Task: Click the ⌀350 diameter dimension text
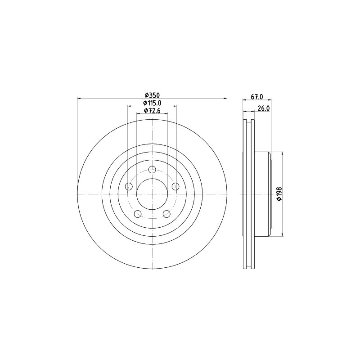point(152,95)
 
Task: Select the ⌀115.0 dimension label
point(152,103)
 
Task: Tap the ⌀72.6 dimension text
point(152,111)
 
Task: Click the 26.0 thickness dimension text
point(264,108)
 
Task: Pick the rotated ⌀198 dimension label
point(279,193)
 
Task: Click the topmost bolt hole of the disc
point(152,170)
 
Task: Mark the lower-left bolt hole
point(138,213)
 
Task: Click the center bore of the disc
point(152,193)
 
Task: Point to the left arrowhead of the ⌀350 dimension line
point(79,98)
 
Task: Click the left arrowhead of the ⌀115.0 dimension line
point(130,106)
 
